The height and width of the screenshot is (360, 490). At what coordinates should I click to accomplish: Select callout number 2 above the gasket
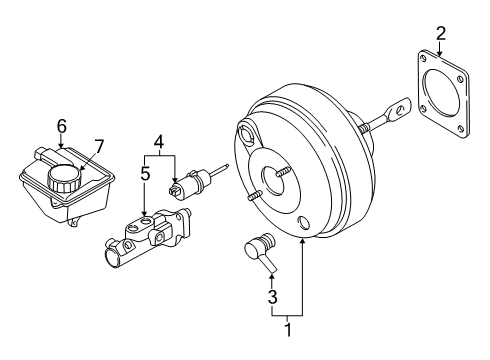point(440,37)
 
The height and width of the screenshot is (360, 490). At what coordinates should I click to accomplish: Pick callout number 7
point(98,148)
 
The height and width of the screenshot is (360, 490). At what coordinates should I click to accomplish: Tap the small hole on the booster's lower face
point(303,222)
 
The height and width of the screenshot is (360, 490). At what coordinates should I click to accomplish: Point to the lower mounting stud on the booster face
point(249,199)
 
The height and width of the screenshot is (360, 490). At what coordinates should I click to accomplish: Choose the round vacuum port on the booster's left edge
point(247,132)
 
